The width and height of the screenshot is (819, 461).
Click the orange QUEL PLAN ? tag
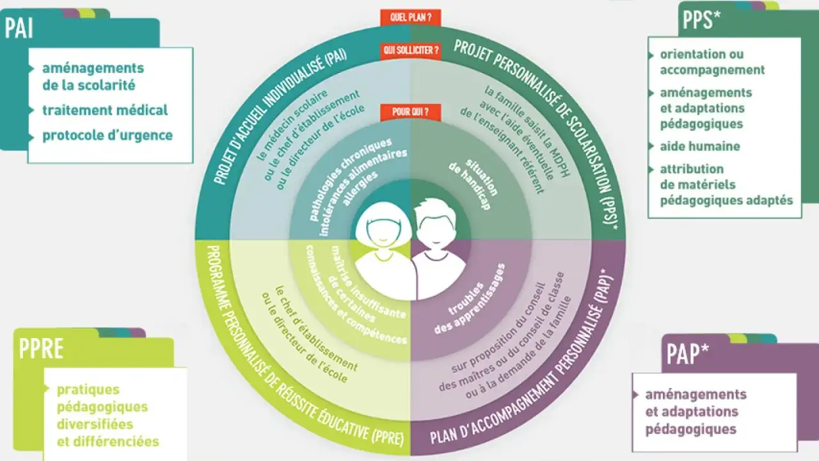tap(411, 17)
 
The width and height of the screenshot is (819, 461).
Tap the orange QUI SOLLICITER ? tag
tap(411, 51)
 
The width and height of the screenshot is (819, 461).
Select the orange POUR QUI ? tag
tap(411, 112)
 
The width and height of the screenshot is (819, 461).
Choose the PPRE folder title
tap(41, 349)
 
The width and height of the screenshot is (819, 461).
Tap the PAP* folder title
tap(687, 354)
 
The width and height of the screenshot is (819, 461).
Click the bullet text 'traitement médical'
tap(105, 110)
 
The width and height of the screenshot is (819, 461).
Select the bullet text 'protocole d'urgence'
tap(107, 135)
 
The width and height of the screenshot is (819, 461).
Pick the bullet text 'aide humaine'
tap(700, 147)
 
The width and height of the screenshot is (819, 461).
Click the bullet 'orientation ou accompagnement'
tap(712, 62)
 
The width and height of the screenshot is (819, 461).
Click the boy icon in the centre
tap(439, 249)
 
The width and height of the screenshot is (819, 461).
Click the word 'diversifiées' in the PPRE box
tap(95, 425)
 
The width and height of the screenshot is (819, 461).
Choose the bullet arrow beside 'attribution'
tap(651, 170)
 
